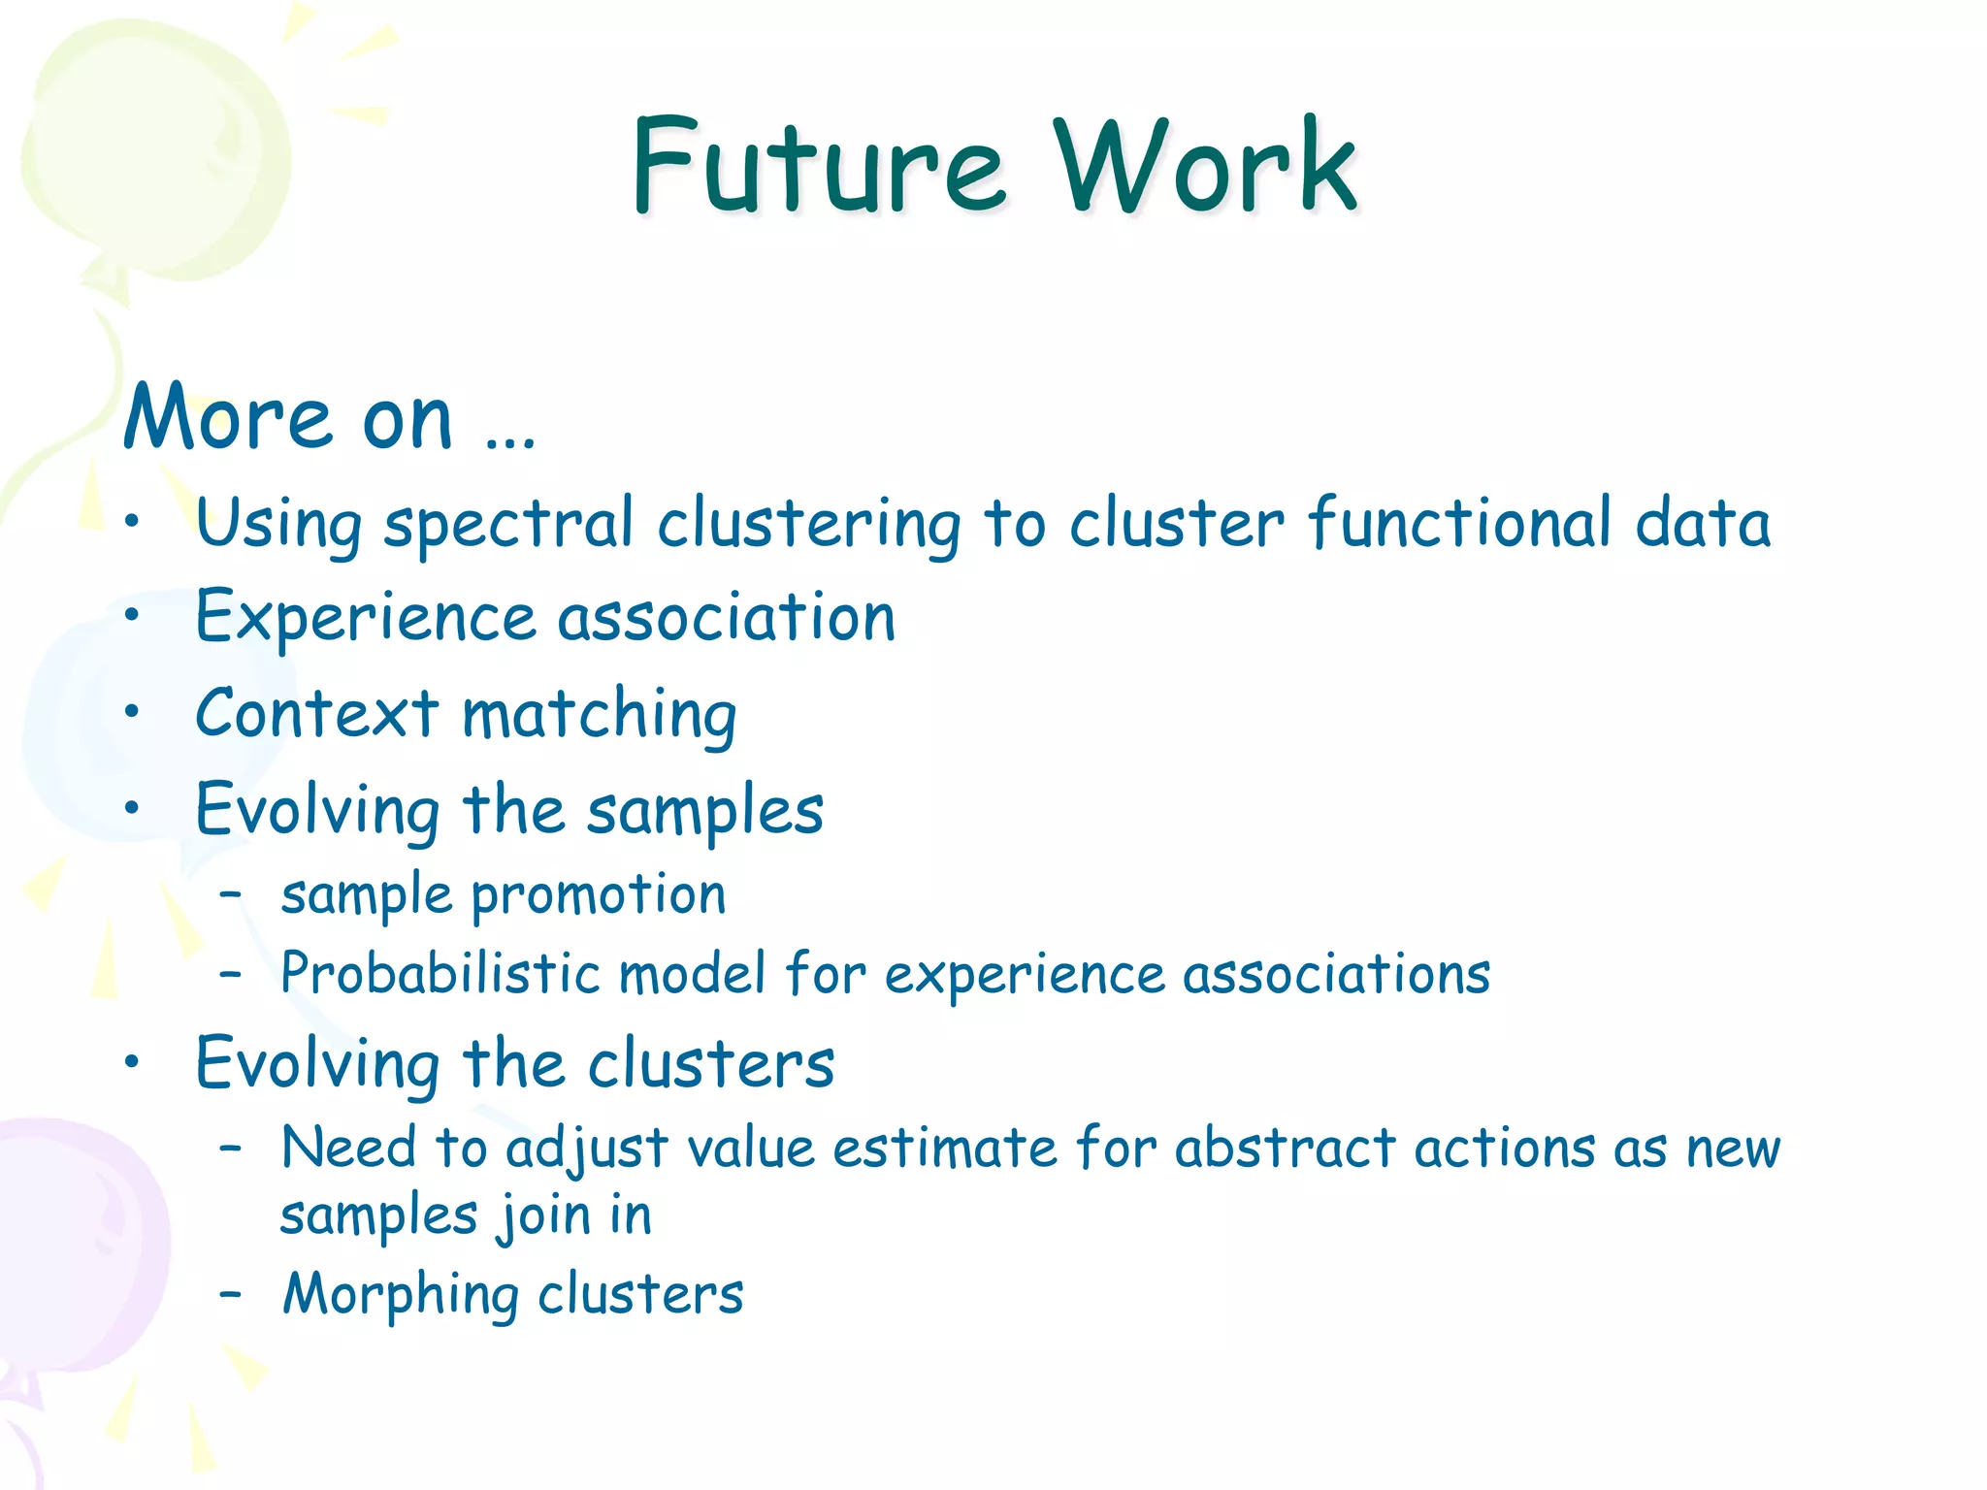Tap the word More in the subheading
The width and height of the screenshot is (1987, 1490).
(x=229, y=419)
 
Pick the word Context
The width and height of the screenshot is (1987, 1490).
(x=317, y=714)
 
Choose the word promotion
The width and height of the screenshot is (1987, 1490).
(x=599, y=895)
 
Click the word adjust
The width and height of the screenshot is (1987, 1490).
(x=586, y=1150)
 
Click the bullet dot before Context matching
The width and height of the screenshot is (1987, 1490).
(x=133, y=711)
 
